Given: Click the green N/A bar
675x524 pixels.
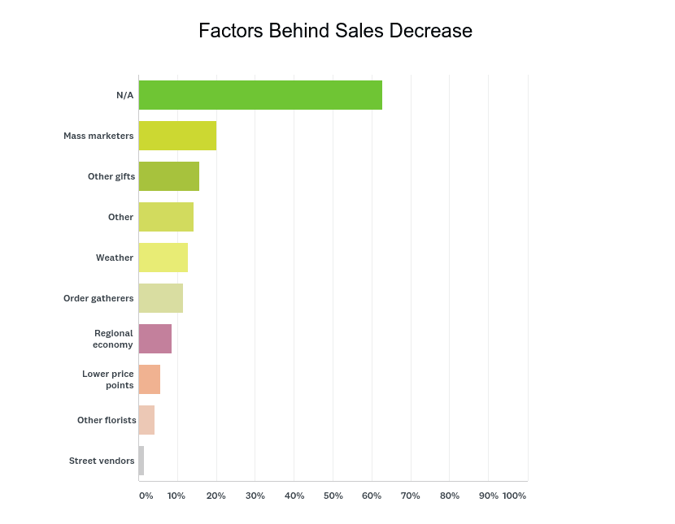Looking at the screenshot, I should point(260,95).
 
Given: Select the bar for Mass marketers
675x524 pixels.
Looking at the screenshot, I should point(177,136).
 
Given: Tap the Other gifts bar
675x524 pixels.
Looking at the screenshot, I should point(169,176).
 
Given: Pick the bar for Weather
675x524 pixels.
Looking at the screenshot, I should point(163,258).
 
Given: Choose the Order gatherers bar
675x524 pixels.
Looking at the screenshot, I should point(161,298).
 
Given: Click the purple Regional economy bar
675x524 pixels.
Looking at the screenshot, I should point(155,339).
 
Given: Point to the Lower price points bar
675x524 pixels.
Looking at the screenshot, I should point(150,379).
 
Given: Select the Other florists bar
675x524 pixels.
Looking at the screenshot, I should point(146,420).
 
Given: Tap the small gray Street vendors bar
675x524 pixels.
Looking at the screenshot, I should point(142,461).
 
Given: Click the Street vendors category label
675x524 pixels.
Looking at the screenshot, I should point(102,461).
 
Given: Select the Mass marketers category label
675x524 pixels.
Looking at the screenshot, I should point(98,136).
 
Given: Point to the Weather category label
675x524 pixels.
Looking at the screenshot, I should point(115,258).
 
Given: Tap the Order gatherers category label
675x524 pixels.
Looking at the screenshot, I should point(98,298).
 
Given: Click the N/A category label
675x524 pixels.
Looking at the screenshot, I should point(124,95).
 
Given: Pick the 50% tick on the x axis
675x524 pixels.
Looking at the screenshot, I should point(333,496).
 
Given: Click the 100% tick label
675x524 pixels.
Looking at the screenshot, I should point(514,496).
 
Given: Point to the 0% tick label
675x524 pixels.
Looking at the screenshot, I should point(146,496).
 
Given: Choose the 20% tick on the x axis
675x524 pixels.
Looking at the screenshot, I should point(216,496).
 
